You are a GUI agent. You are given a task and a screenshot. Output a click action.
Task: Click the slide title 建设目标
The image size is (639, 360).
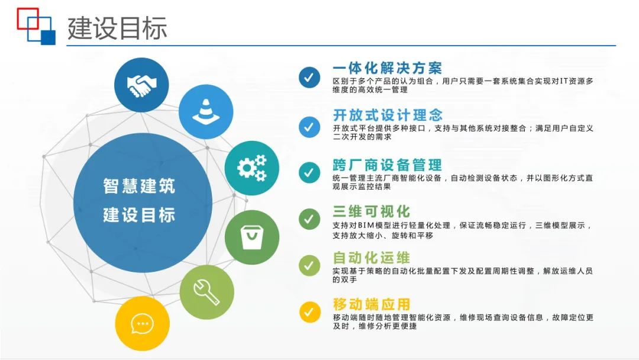[117, 28]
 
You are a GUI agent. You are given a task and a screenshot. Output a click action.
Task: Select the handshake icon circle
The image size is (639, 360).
[141, 85]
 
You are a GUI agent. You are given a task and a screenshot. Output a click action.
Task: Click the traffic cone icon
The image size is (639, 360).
[205, 112]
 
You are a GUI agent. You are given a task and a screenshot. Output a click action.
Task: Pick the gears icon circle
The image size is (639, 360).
[252, 168]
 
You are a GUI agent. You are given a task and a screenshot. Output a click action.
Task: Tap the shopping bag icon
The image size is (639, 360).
[252, 237]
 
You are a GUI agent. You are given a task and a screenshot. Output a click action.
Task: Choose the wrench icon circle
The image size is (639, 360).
[207, 292]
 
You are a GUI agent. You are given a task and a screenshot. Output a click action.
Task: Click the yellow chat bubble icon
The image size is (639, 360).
[143, 324]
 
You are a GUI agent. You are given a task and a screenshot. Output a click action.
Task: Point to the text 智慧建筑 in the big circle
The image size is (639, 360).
[139, 185]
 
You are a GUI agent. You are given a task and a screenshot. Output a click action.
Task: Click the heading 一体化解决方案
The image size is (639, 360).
[387, 67]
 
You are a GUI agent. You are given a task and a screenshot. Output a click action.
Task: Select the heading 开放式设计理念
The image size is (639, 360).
[388, 114]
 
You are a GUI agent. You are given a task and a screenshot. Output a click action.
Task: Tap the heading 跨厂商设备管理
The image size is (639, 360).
[387, 164]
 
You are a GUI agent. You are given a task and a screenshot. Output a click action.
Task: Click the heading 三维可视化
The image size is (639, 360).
[371, 211]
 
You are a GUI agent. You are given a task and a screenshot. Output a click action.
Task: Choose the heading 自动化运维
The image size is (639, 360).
[371, 258]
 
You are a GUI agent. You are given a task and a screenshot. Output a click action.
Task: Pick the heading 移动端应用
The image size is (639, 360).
[371, 304]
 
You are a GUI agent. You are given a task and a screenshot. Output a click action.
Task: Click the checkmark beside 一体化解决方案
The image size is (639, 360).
[309, 77]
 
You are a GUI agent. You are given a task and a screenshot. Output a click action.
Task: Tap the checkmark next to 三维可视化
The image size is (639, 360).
[309, 218]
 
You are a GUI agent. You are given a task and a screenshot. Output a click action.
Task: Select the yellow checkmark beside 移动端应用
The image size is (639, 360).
[309, 311]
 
